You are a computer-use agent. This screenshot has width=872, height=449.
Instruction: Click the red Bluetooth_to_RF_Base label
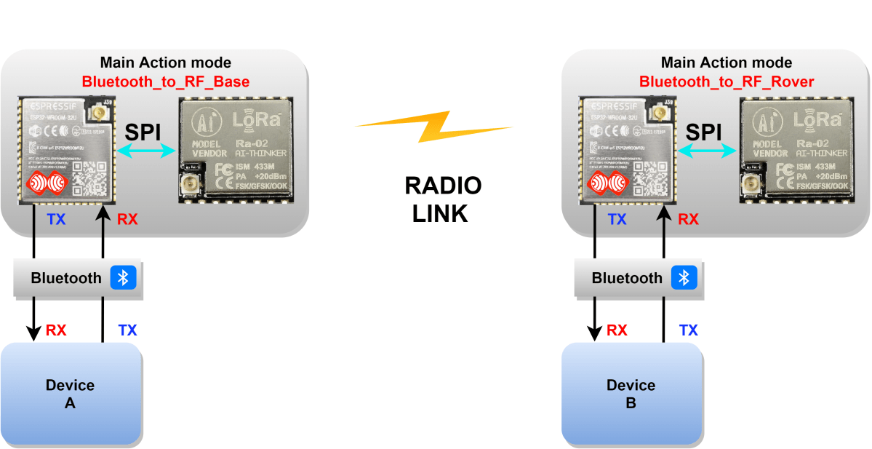coord(165,82)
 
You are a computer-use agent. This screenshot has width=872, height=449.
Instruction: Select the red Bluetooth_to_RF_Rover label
coord(727,82)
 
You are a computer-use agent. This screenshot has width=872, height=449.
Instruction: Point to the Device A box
coord(71,394)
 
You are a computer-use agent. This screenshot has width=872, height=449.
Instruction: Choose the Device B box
coord(631,394)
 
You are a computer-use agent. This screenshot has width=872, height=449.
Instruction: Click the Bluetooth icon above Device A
coord(123,278)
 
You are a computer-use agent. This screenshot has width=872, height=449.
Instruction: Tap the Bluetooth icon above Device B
coord(684,278)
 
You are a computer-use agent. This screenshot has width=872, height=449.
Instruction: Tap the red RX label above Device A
coord(56,330)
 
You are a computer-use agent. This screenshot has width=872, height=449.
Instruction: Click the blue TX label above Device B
coord(688,330)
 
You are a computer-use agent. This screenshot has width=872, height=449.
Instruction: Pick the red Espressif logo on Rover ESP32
coord(607,183)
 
